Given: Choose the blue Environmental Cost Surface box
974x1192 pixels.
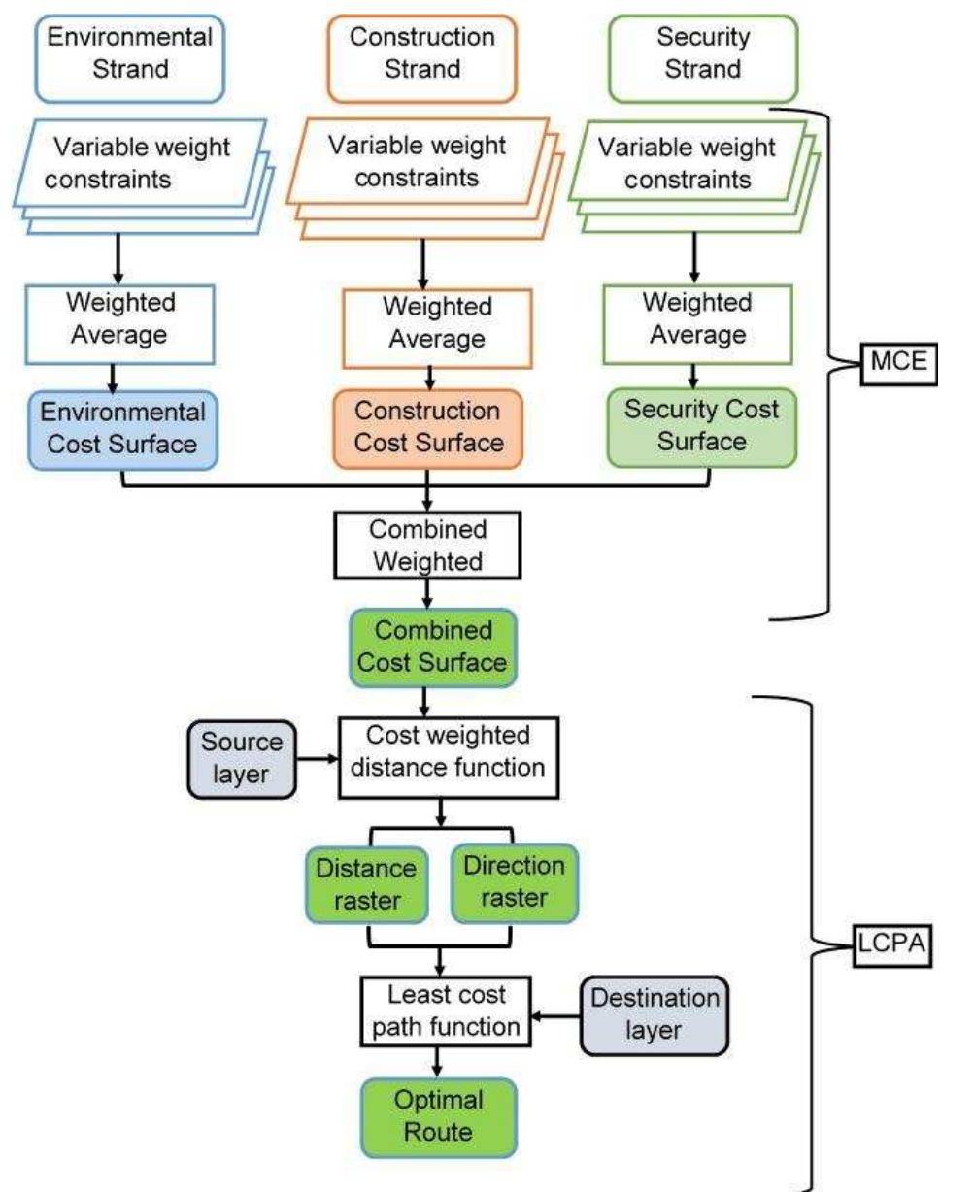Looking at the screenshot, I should click(122, 428).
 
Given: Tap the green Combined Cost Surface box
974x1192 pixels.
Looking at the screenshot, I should click(428, 647).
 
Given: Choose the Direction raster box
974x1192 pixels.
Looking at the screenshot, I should click(514, 881).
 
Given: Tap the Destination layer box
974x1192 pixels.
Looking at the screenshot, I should click(654, 1012).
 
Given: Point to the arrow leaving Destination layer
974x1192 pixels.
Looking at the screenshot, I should click(558, 1013).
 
